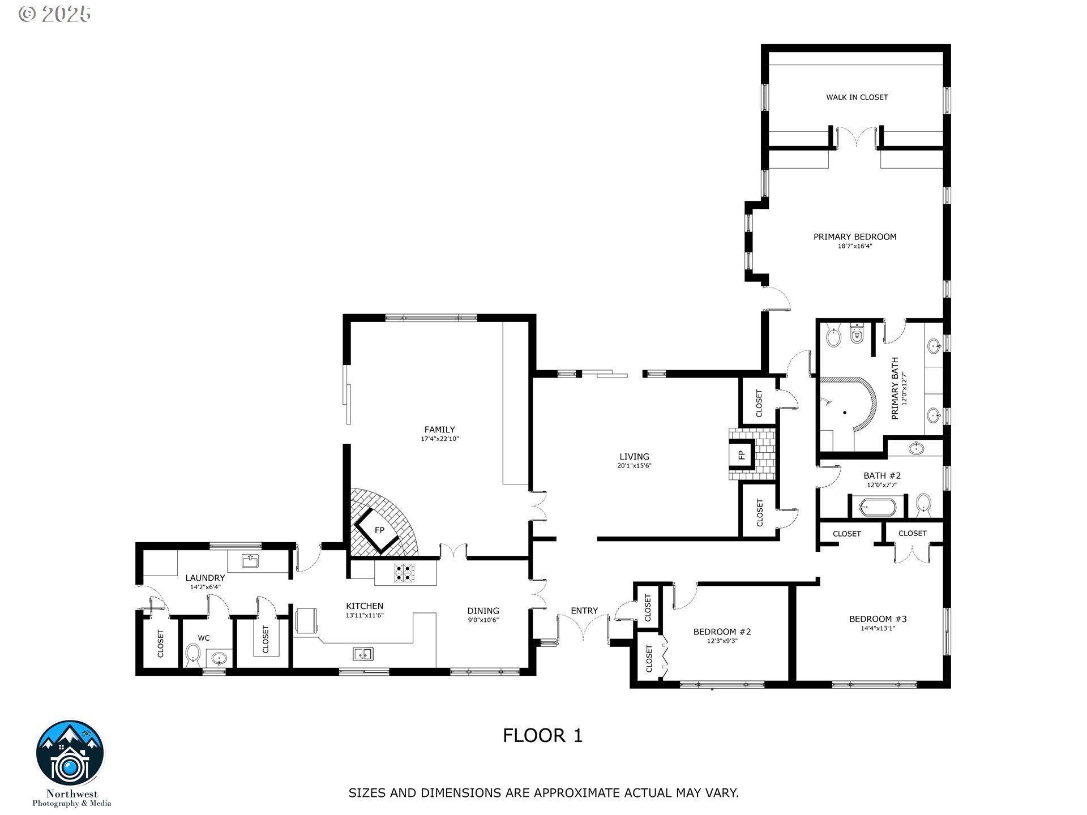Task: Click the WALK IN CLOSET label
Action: click(x=857, y=97)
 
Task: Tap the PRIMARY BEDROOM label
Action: click(x=855, y=237)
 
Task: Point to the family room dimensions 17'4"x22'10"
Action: click(x=439, y=439)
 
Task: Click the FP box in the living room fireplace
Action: click(x=741, y=454)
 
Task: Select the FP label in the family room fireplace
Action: click(x=379, y=530)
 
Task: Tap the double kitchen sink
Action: click(x=363, y=654)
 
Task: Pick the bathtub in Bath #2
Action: click(x=877, y=506)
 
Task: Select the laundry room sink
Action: click(x=250, y=561)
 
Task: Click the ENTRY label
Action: click(x=584, y=611)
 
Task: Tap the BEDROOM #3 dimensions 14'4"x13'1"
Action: click(x=878, y=628)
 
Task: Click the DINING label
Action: click(x=483, y=611)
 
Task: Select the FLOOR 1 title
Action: click(x=542, y=736)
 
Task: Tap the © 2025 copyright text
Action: click(x=54, y=14)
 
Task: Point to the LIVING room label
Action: click(x=634, y=457)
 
